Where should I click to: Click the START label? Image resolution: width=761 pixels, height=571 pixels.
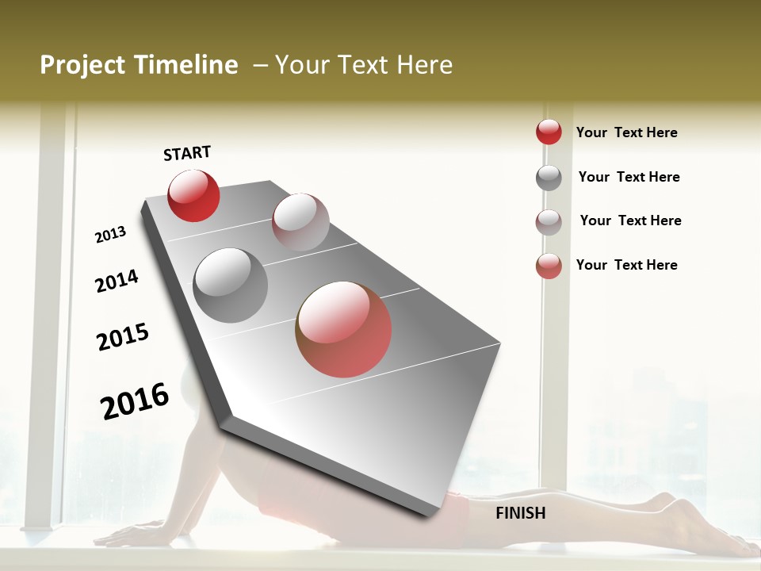coord(187,153)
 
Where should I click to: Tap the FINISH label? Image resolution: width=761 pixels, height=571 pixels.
coord(521,513)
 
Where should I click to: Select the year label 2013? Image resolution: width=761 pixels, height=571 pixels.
coord(110,235)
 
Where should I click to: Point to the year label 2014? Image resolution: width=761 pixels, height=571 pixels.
coord(117,281)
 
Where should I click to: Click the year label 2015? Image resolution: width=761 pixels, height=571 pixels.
coord(123,337)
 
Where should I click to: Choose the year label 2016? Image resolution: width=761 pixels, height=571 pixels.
coord(135,400)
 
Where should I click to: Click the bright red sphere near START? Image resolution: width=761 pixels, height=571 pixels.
coord(193,195)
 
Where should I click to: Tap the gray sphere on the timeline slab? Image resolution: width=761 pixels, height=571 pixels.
coord(231,285)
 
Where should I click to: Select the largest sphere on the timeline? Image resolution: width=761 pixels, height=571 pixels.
coord(343,329)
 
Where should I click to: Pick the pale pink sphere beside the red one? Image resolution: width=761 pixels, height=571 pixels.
coord(300,221)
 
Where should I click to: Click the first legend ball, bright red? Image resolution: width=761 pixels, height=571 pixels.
coord(549,132)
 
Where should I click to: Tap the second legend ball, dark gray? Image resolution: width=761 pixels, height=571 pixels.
coord(549,178)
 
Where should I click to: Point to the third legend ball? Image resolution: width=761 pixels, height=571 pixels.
coord(549,222)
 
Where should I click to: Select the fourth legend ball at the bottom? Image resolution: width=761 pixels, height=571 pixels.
coord(549,266)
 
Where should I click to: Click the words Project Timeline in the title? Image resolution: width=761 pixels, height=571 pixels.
coord(139,65)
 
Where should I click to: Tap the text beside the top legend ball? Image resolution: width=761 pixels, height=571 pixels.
coord(626,132)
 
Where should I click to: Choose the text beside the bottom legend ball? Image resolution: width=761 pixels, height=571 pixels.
coord(626,265)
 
